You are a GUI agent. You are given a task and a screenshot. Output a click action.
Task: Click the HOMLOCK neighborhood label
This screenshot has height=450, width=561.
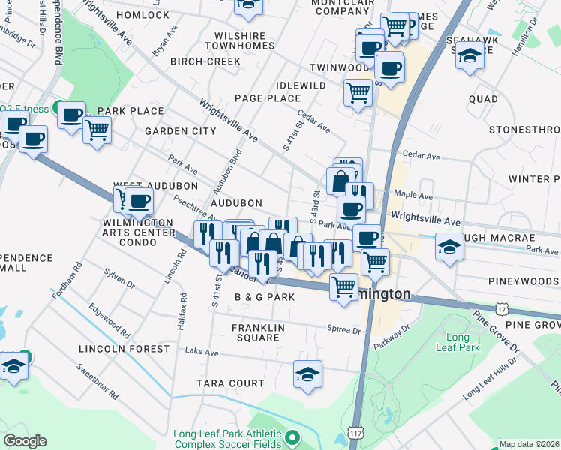click(x=142, y=15)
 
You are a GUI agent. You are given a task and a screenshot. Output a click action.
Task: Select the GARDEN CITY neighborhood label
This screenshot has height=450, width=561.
click(x=180, y=131)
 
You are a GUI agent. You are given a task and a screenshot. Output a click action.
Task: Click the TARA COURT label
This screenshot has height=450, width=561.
click(x=230, y=383)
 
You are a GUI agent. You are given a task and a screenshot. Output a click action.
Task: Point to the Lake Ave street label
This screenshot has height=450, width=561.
click(x=201, y=351)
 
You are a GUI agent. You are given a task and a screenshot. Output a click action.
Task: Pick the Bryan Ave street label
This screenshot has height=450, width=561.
click(x=164, y=41)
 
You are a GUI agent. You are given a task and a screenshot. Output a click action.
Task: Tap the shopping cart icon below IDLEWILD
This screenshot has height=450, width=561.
click(x=358, y=93)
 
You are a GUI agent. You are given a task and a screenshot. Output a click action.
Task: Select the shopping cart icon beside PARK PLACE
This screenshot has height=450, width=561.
click(x=97, y=130)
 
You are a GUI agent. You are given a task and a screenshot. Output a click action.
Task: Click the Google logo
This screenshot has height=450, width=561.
click(x=25, y=441)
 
